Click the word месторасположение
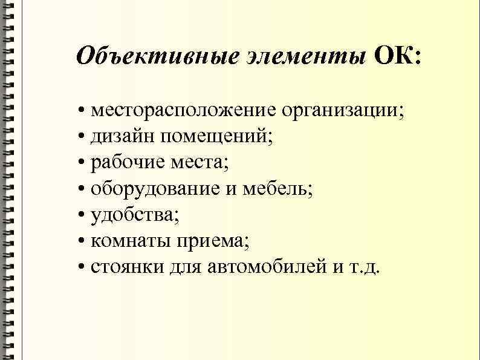click(x=184, y=111)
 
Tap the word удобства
click(x=132, y=216)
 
